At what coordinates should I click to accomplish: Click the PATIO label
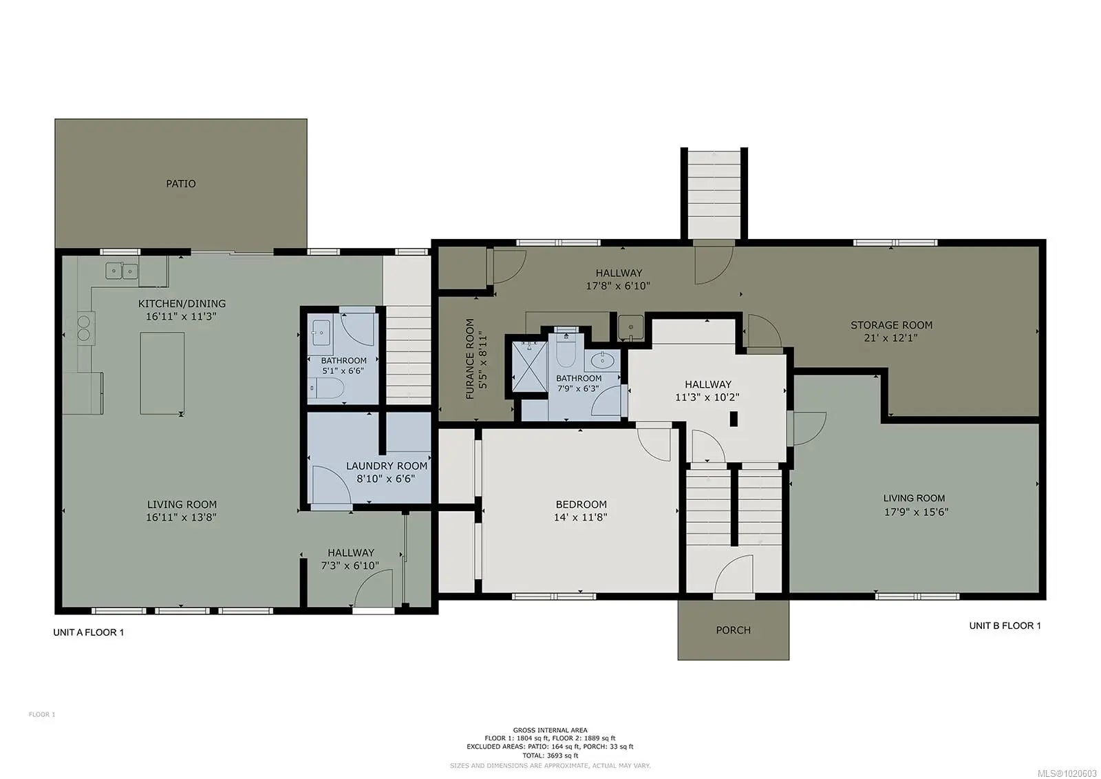click(x=180, y=183)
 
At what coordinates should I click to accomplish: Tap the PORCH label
click(x=733, y=630)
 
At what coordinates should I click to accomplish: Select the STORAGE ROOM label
click(x=891, y=325)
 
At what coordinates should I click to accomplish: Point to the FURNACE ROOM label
click(x=470, y=359)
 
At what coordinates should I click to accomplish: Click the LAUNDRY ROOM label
click(x=386, y=466)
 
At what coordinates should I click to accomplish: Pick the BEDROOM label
click(x=581, y=504)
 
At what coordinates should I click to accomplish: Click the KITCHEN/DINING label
click(x=182, y=304)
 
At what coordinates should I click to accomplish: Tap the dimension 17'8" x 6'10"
click(x=619, y=286)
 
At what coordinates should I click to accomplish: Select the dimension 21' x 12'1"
click(x=890, y=338)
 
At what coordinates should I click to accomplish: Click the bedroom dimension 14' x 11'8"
click(x=581, y=517)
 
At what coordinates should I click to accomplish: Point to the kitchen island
click(x=162, y=373)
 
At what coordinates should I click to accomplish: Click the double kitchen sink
click(x=121, y=271)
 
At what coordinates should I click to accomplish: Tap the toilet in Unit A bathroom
click(x=327, y=388)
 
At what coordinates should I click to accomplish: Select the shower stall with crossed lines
click(x=529, y=366)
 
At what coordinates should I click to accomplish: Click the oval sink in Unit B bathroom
click(x=602, y=361)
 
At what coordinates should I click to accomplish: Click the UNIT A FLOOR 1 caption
click(x=89, y=632)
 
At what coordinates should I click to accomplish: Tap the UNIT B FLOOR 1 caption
click(x=1005, y=625)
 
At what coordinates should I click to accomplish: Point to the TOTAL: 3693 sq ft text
click(x=550, y=756)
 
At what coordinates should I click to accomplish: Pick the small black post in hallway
click(x=734, y=419)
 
